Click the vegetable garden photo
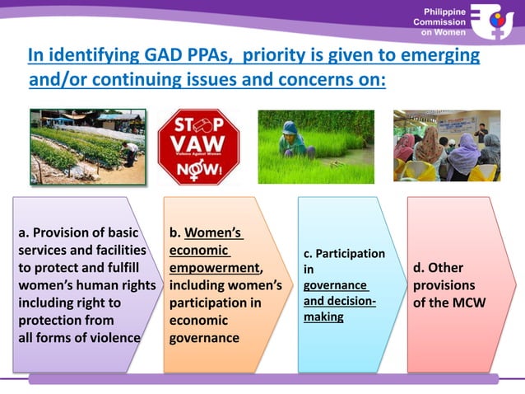(88, 146)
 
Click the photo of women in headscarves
(446, 146)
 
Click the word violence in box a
(111, 337)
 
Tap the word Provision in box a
(72, 232)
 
